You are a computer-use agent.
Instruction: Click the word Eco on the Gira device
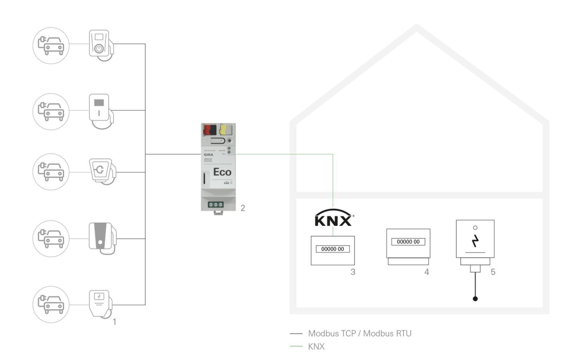[x=222, y=172]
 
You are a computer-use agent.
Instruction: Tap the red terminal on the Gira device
[x=210, y=130]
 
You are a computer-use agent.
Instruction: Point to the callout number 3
[x=353, y=272]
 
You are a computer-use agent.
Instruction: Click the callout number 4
[x=426, y=272]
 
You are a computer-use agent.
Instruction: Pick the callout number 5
[x=493, y=272]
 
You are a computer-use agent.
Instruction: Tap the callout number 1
[x=114, y=321]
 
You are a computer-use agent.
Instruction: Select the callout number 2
[x=242, y=208]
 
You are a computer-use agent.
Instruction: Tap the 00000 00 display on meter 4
[x=408, y=242]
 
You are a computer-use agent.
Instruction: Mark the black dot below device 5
[x=475, y=299]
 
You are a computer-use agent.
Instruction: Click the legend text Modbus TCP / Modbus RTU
[x=360, y=334]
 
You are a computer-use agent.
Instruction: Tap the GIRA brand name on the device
[x=208, y=151]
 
